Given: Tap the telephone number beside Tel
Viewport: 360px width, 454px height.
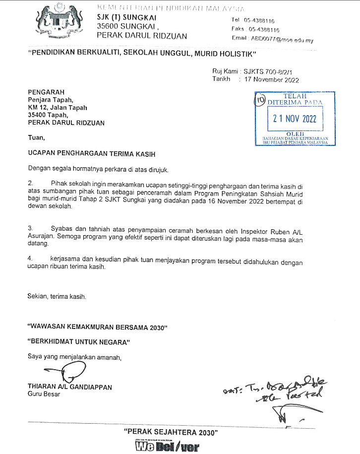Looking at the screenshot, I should [257, 21].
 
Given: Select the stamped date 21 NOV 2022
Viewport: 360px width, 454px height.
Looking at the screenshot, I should [295, 119].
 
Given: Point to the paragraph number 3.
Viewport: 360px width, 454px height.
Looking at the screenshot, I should [30, 227].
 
